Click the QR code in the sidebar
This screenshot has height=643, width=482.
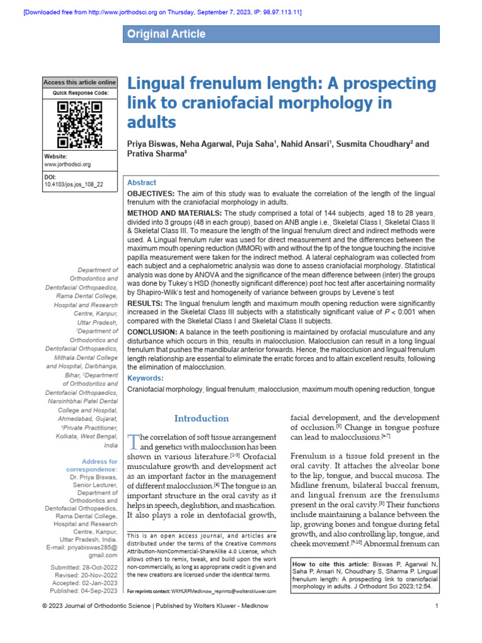point(80,124)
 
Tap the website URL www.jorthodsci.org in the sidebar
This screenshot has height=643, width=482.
point(67,165)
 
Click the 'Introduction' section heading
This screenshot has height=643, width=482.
point(201,418)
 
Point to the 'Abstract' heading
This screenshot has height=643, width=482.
point(142,183)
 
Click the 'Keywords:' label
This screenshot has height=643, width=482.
point(145,378)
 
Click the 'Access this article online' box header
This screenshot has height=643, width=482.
point(80,82)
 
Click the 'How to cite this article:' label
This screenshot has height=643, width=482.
point(330,564)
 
